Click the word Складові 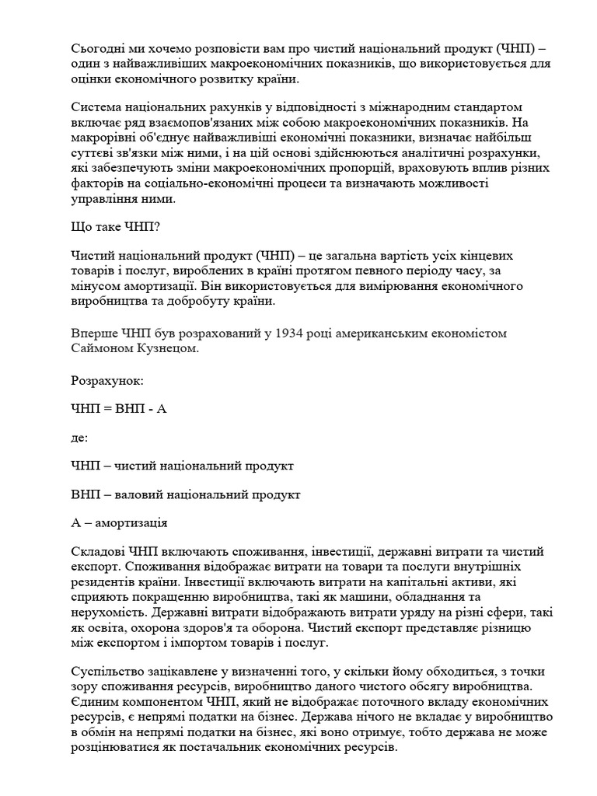click(100, 552)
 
